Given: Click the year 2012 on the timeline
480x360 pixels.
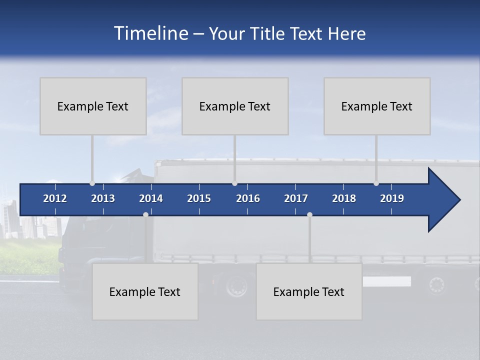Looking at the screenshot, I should tap(55, 198).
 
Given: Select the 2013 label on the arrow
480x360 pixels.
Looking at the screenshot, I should tap(103, 198).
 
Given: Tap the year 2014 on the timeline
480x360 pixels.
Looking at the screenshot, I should tap(151, 198).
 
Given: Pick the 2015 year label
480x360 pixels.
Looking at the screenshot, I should tap(199, 198).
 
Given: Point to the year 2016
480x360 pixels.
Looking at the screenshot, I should tap(248, 198).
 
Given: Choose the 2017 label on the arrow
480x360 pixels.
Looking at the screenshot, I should tap(296, 198).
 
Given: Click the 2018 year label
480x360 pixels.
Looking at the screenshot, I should tap(344, 198).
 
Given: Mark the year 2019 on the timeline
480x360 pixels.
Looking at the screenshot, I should tap(392, 198).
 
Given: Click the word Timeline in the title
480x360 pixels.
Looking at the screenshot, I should tap(150, 33).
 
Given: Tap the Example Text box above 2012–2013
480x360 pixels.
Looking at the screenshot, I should tap(93, 106).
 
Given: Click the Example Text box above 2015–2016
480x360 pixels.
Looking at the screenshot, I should tap(235, 106).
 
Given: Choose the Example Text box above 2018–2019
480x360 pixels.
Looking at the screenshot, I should tap(377, 106).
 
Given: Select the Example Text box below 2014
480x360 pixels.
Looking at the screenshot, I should tap(145, 291).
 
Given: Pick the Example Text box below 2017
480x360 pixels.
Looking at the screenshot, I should tap(309, 291).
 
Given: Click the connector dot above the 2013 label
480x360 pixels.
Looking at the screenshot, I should tap(92, 183).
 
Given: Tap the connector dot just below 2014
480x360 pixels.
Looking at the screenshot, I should tap(145, 214).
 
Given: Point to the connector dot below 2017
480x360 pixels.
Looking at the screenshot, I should tap(309, 214).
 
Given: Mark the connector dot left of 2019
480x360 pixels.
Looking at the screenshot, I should tap(376, 183).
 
